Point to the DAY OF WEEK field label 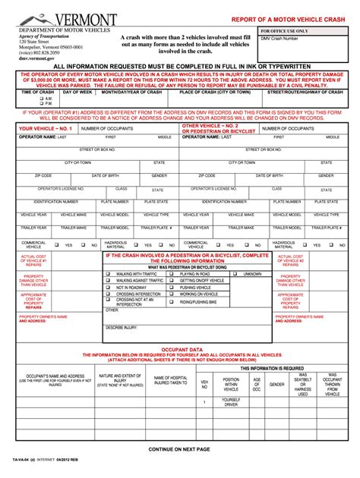pos(77,92)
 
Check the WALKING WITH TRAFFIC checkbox pos(108,274)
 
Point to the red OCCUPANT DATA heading pos(181,349)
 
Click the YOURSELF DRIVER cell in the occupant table pos(230,402)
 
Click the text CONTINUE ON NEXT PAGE pos(180,449)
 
